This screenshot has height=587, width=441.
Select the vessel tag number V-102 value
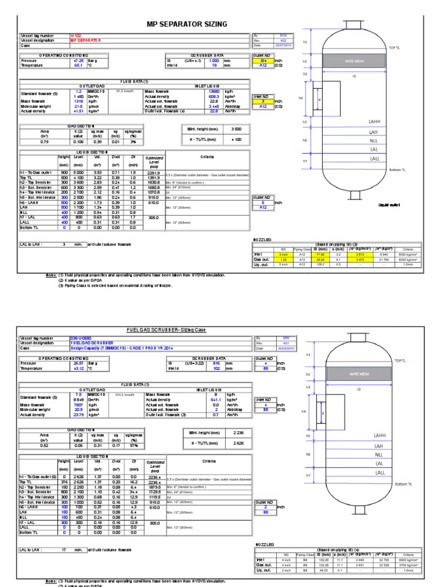[75, 35]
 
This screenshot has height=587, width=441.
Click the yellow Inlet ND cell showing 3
[262, 101]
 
